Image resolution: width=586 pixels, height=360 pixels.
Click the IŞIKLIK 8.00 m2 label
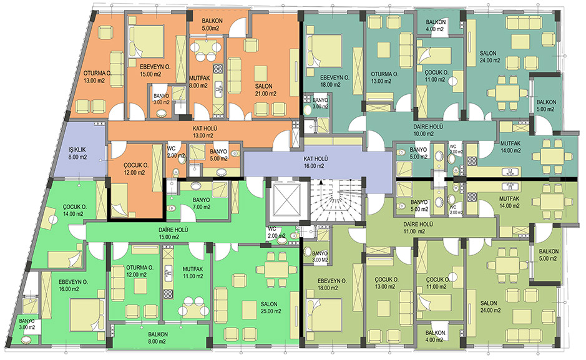point(77,154)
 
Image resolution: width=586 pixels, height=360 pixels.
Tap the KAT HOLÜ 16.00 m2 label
point(313,162)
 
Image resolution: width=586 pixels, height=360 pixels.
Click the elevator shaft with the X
point(286,200)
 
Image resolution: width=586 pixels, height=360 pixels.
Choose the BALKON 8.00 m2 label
point(158,338)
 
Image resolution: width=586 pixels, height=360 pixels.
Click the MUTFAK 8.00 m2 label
point(200,82)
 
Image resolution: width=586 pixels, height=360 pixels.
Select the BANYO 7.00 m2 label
point(202,203)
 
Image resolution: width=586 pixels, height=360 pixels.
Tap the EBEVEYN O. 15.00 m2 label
point(155,71)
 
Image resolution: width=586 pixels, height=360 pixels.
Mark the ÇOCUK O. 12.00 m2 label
point(136,169)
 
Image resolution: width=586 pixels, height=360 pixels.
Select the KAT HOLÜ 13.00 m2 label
point(203,132)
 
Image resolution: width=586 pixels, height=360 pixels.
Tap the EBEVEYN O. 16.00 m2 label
point(72,285)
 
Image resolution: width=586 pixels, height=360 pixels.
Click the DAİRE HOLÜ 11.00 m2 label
point(418,228)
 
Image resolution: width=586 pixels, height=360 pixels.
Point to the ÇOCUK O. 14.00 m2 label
point(74,210)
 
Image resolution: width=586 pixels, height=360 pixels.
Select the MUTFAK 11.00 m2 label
point(193,272)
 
